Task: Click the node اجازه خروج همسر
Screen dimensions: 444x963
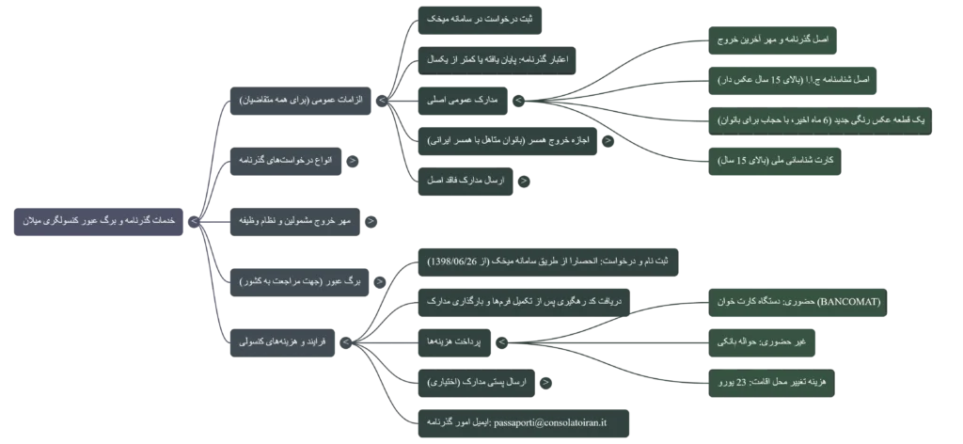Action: pos(508,139)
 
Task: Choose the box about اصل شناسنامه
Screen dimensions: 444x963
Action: pos(794,80)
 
